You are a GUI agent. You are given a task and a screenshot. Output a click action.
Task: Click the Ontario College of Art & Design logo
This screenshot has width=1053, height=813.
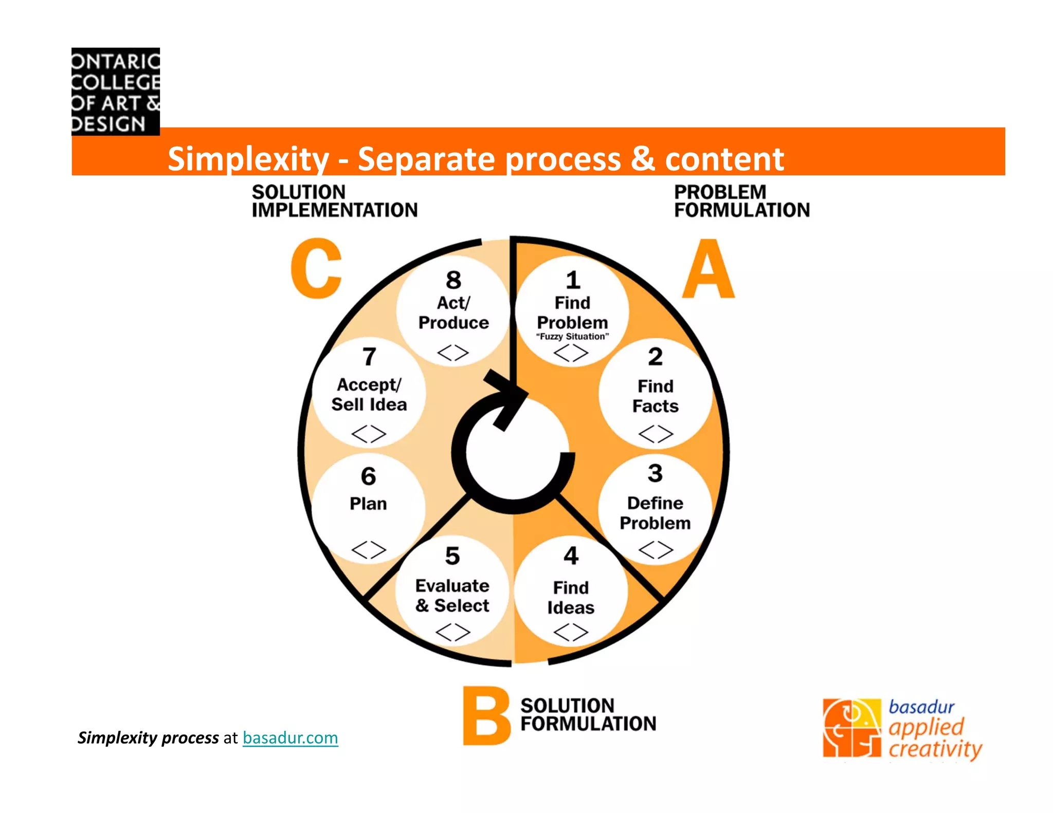[x=116, y=91]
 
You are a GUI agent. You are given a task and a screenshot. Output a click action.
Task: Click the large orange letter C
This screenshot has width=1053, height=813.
[x=316, y=269]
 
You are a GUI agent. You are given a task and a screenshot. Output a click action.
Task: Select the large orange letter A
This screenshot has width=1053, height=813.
[x=708, y=269]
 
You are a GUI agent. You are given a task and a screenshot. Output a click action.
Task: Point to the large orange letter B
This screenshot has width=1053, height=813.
[x=485, y=716]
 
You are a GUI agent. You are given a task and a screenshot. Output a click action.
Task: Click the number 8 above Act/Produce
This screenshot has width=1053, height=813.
[x=453, y=281]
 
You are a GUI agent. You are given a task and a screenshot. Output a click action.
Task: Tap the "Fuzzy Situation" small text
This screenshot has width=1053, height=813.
[x=572, y=337]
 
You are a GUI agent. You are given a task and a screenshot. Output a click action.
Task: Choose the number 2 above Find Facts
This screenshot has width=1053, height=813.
[x=655, y=357]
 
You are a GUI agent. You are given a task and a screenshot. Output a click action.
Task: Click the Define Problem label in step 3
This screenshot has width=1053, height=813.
[x=655, y=513]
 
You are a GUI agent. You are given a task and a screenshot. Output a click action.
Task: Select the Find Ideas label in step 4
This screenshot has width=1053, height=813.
[x=571, y=598]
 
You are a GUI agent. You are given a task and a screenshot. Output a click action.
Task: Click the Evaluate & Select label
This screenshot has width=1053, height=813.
[x=452, y=596]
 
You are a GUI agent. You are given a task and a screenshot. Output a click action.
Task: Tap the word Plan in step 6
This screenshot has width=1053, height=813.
[x=368, y=504]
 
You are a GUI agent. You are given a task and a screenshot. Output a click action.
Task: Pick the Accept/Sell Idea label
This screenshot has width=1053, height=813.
[x=369, y=395]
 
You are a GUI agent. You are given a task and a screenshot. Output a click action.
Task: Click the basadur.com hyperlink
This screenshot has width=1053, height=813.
[x=290, y=738]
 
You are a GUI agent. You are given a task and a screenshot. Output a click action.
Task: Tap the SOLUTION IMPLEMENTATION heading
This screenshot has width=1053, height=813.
[x=334, y=201]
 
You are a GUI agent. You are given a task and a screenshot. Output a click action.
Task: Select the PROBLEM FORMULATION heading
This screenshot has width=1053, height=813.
[x=741, y=201]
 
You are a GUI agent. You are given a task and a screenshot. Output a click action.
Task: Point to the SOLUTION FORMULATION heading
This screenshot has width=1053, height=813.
[x=588, y=715]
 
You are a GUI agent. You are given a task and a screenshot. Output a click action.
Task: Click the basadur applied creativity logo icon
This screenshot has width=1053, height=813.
[x=852, y=728]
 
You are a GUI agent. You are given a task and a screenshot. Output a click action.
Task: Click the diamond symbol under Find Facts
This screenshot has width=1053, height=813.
[x=656, y=434]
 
